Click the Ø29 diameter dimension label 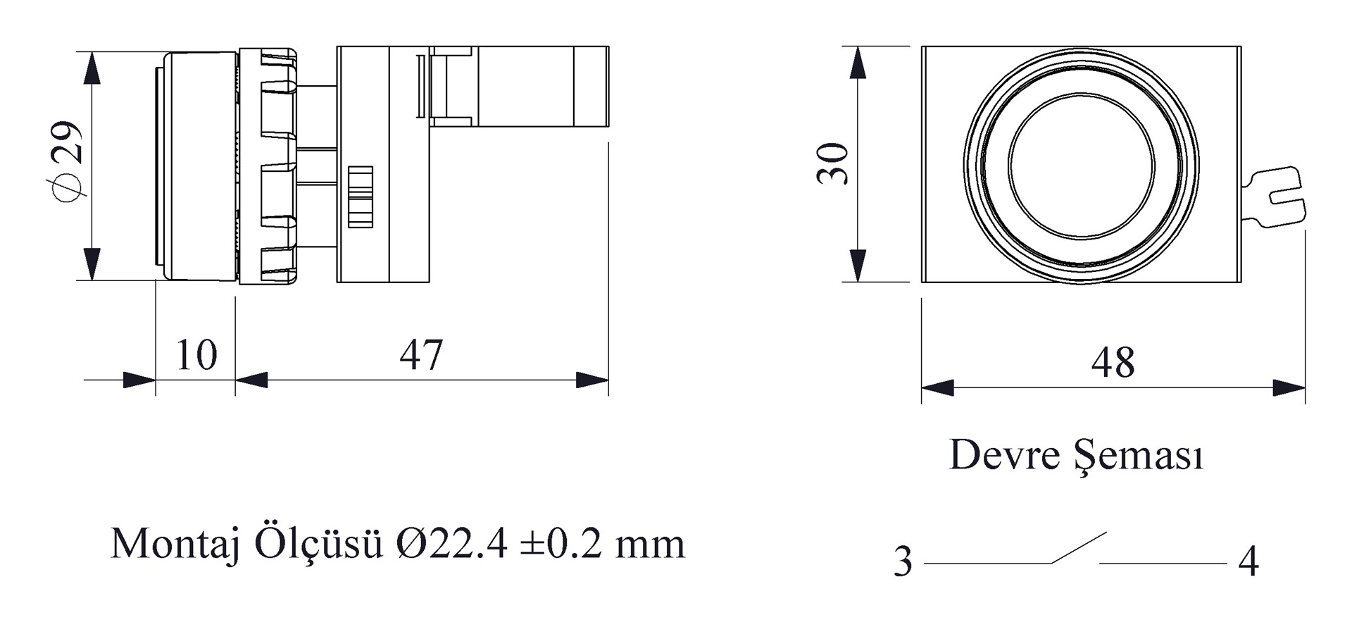pos(68,163)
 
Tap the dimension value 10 pos(196,355)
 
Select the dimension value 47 pos(422,355)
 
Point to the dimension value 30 pos(833,163)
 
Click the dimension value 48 pos(1113,363)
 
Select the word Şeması pos(1139,456)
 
